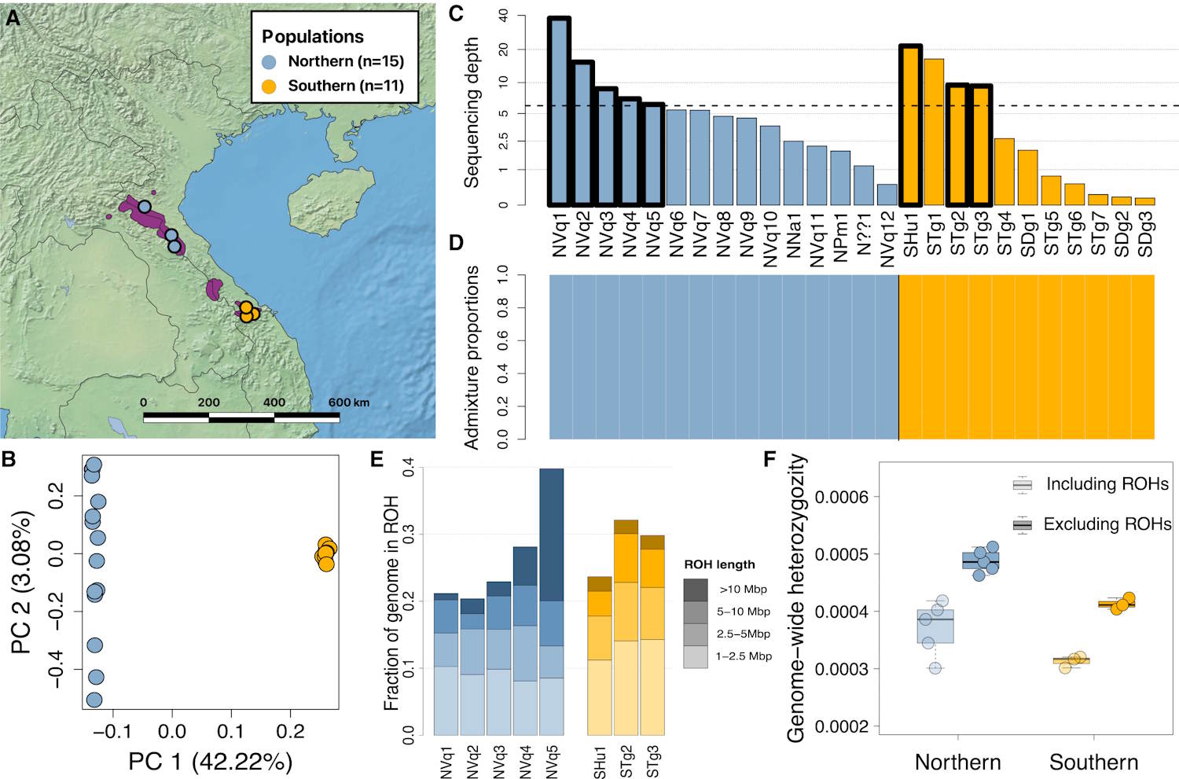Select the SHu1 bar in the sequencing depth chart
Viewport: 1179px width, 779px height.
click(910, 126)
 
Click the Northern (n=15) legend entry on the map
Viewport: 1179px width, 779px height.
click(334, 61)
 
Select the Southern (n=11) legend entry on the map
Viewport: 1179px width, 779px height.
click(334, 86)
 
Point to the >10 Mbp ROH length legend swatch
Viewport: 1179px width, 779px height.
click(696, 589)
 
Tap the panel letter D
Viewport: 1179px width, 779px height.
click(456, 243)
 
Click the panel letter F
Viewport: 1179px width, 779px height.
click(771, 459)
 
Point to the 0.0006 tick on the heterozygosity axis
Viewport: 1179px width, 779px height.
click(842, 497)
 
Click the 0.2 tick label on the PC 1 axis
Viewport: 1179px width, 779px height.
click(290, 732)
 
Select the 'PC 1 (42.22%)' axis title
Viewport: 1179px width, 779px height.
click(210, 761)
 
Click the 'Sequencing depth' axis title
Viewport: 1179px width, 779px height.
click(471, 112)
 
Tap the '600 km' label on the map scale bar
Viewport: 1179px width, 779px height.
click(349, 402)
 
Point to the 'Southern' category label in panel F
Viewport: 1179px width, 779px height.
click(1093, 762)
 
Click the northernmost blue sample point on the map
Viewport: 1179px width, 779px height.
click(145, 207)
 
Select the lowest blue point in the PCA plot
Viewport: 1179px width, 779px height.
click(94, 700)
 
